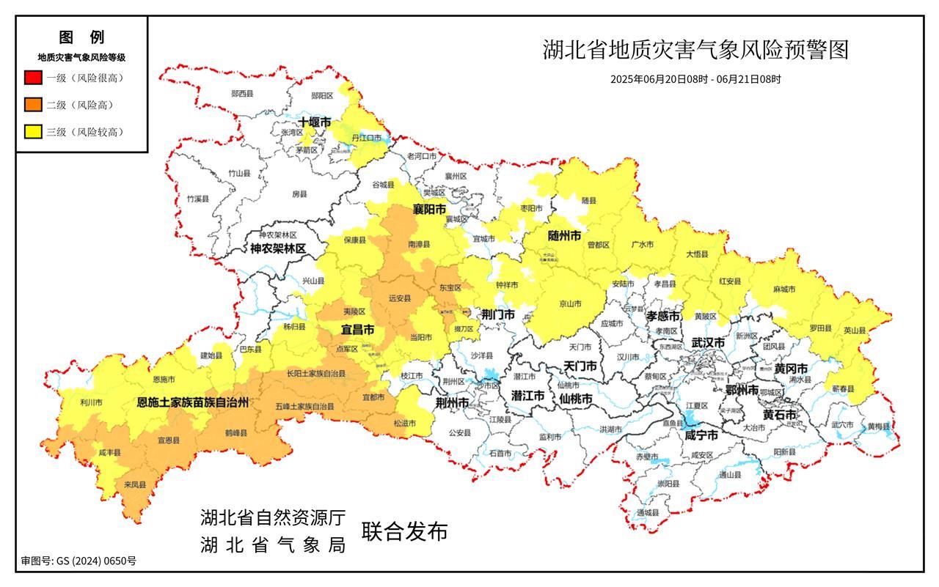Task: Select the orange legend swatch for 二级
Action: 33,105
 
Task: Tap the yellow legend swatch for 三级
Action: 33,132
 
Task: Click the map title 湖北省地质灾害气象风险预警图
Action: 695,51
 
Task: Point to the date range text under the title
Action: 695,78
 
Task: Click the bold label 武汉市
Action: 708,343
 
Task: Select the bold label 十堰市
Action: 315,122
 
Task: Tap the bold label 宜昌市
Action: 358,330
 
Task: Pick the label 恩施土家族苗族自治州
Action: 194,402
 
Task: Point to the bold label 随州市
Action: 564,236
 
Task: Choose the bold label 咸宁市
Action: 701,435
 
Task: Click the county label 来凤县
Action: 134,484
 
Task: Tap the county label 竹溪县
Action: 197,199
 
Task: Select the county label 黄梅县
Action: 878,427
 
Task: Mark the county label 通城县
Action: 648,512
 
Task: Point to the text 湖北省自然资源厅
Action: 273,518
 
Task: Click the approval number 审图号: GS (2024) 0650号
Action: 78,561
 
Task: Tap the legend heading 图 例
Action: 81,37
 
